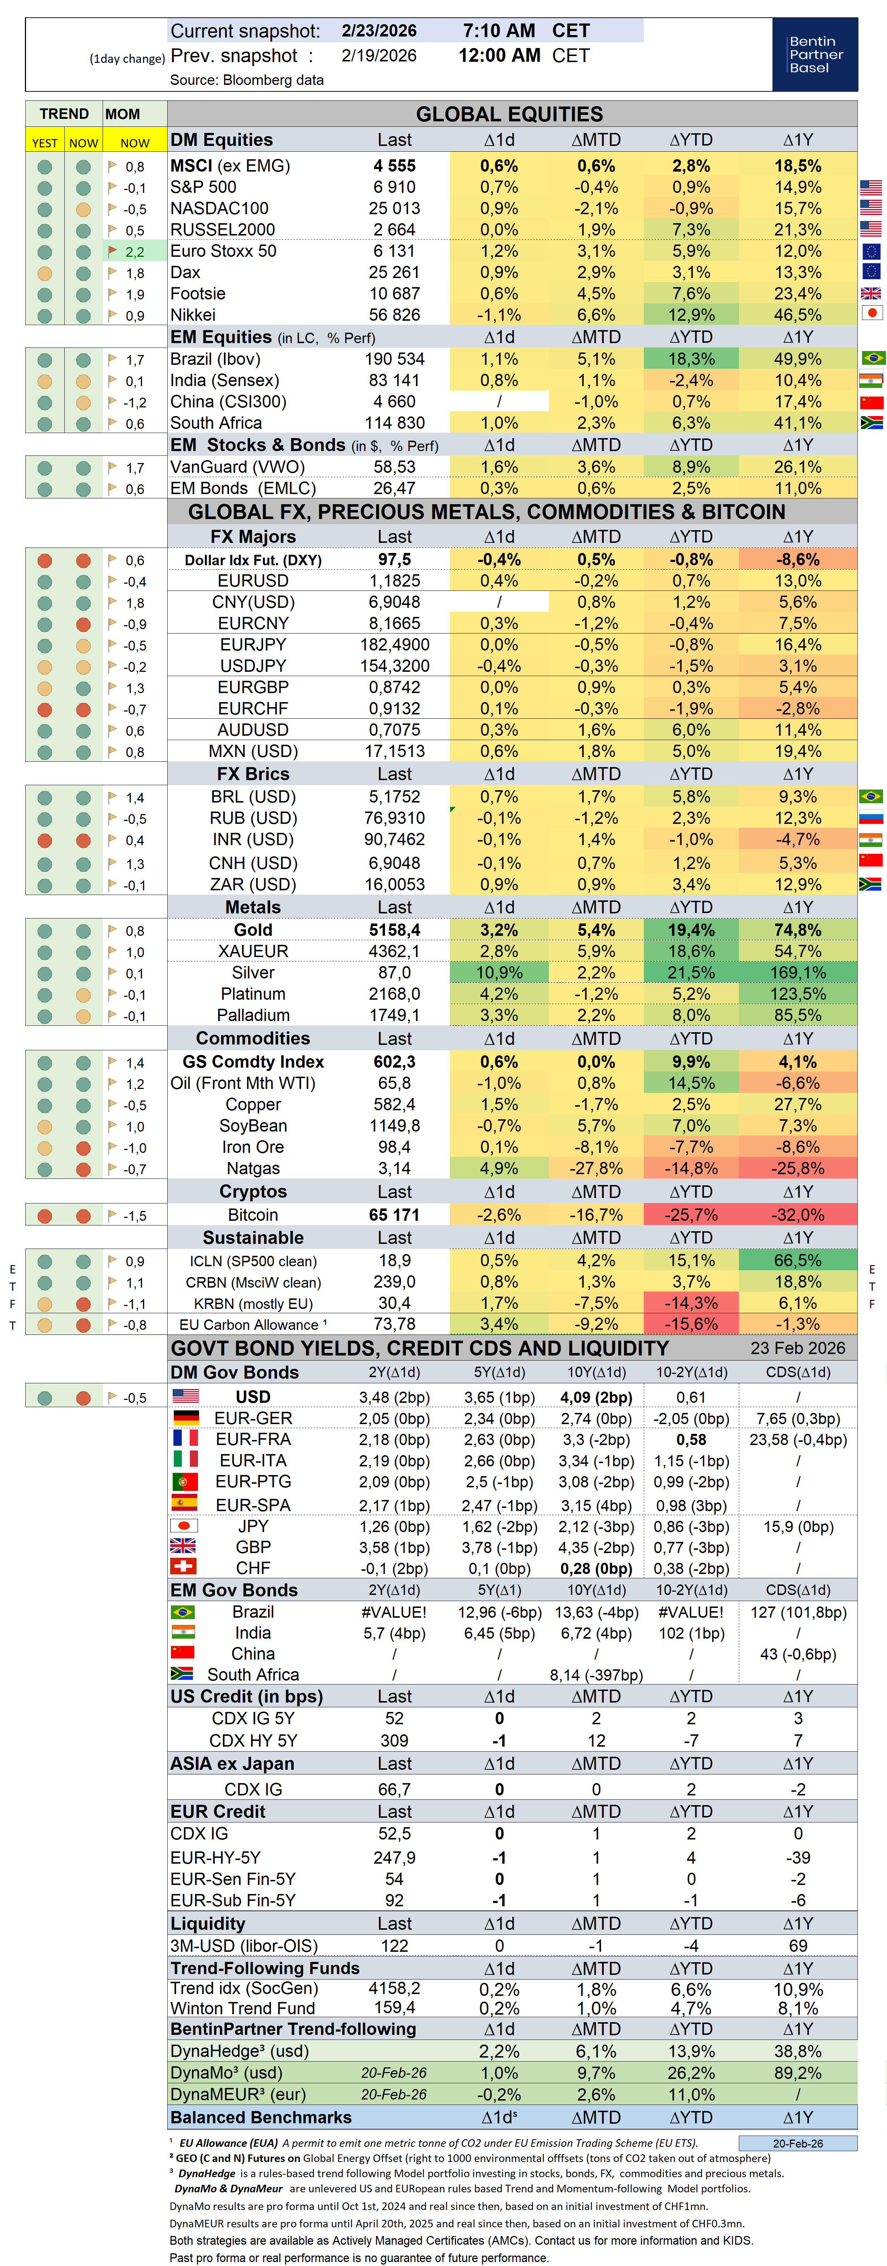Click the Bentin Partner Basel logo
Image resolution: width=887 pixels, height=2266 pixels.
click(815, 55)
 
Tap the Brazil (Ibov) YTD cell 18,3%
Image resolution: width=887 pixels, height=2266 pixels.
click(691, 359)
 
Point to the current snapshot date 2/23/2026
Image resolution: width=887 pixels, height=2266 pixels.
click(379, 31)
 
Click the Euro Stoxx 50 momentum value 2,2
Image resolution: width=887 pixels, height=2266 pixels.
click(135, 252)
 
